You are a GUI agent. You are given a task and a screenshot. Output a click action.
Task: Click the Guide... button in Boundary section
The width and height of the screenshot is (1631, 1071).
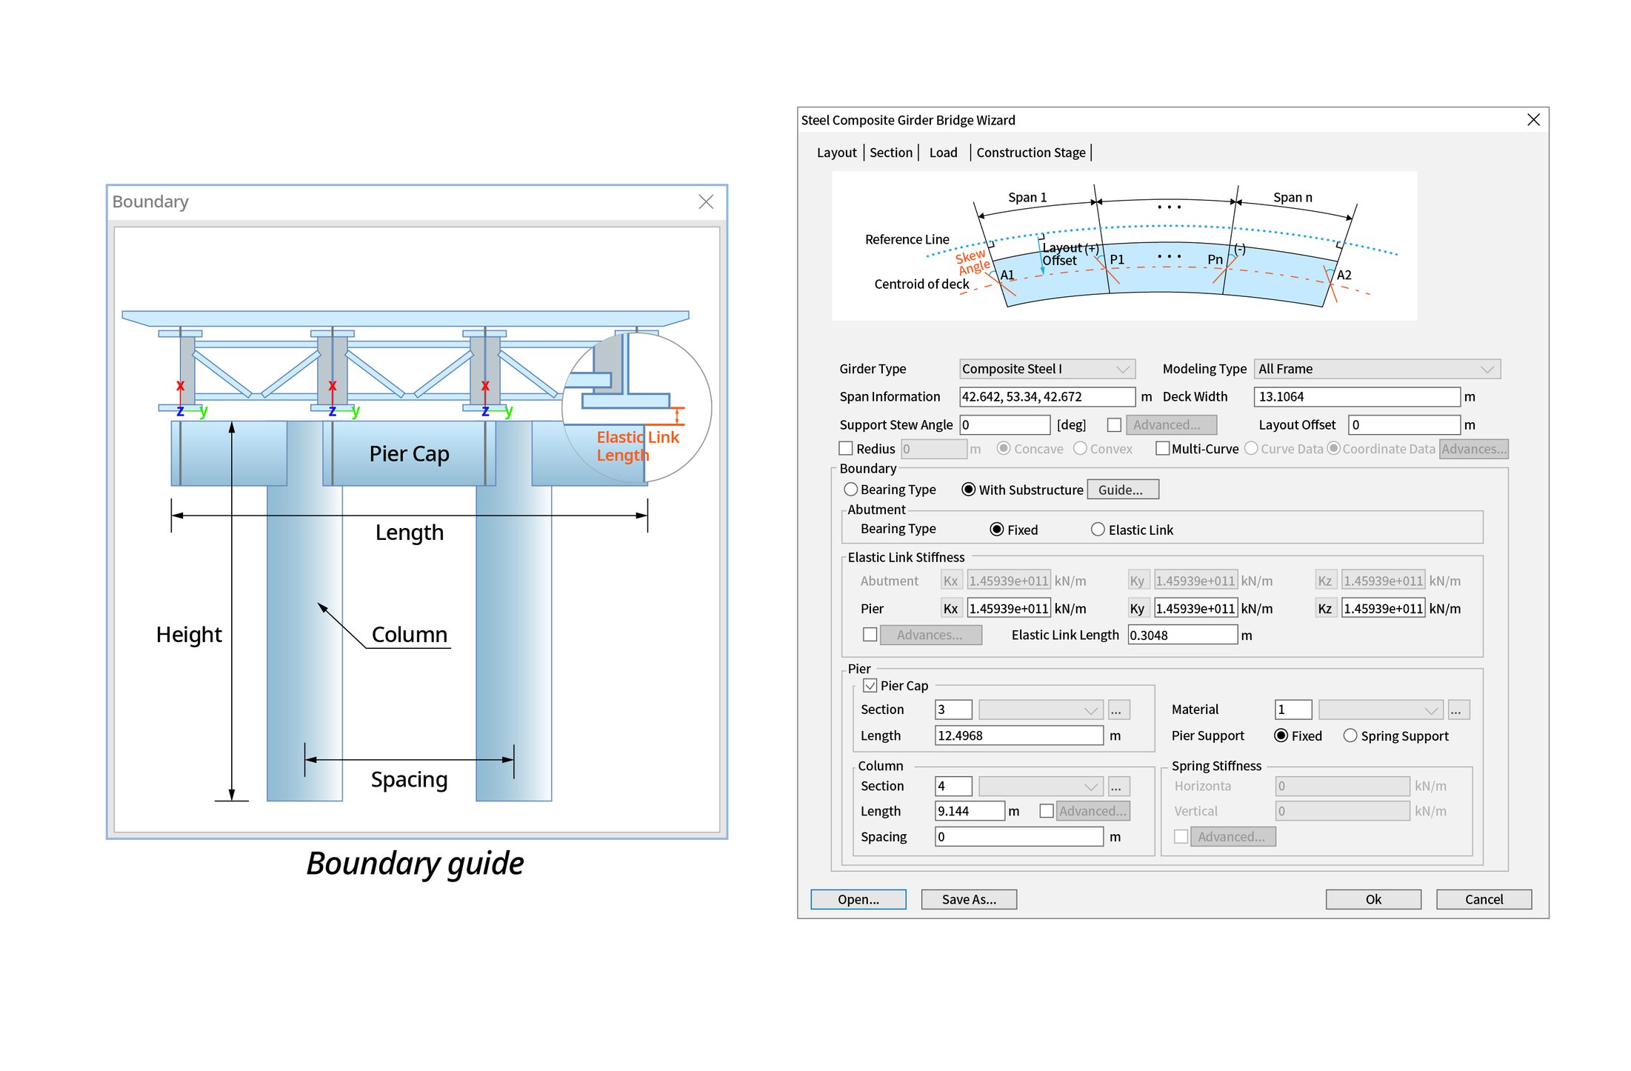tap(1121, 490)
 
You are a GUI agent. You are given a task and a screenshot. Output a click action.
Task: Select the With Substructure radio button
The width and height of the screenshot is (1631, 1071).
tap(968, 490)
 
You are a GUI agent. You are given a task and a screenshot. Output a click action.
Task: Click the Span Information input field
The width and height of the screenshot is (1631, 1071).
tap(1046, 397)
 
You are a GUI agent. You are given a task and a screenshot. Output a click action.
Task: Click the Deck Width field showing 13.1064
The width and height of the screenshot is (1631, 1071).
tap(1355, 397)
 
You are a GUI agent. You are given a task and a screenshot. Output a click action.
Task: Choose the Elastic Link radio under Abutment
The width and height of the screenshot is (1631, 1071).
tap(1098, 530)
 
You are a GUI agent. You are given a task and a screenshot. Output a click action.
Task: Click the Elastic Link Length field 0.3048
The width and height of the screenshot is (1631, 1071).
tap(1181, 635)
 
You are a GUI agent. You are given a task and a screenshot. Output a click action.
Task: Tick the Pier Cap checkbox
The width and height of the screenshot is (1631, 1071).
tap(870, 686)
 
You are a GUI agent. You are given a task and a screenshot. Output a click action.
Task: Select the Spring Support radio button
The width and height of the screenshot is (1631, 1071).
tap(1350, 735)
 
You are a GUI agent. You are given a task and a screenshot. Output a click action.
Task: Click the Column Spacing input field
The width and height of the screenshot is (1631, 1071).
tap(1018, 837)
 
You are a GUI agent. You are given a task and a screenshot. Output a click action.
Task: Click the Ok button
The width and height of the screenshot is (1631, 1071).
tap(1372, 899)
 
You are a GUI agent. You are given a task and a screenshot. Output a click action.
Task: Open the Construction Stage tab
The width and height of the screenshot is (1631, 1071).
tap(1030, 153)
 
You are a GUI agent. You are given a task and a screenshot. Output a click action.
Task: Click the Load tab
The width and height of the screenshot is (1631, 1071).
tap(943, 153)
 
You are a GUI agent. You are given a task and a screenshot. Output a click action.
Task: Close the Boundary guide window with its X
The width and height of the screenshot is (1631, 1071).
tap(706, 202)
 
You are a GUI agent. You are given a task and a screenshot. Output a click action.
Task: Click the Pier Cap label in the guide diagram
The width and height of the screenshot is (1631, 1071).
tap(409, 453)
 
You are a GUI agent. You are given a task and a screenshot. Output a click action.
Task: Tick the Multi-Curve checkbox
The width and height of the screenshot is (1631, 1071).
tap(1162, 449)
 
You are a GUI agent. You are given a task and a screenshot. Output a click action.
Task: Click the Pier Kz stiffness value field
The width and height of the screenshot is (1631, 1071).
tap(1383, 609)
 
